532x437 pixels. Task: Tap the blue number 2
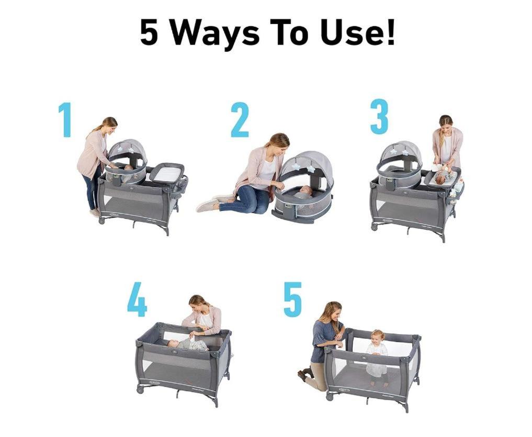[240, 120]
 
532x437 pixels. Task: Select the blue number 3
[379, 116]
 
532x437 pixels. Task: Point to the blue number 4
[137, 300]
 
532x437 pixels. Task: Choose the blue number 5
[293, 300]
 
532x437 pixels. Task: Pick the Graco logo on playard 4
[155, 383]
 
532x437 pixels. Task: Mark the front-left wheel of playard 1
[101, 220]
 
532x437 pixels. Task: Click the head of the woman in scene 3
[446, 123]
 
